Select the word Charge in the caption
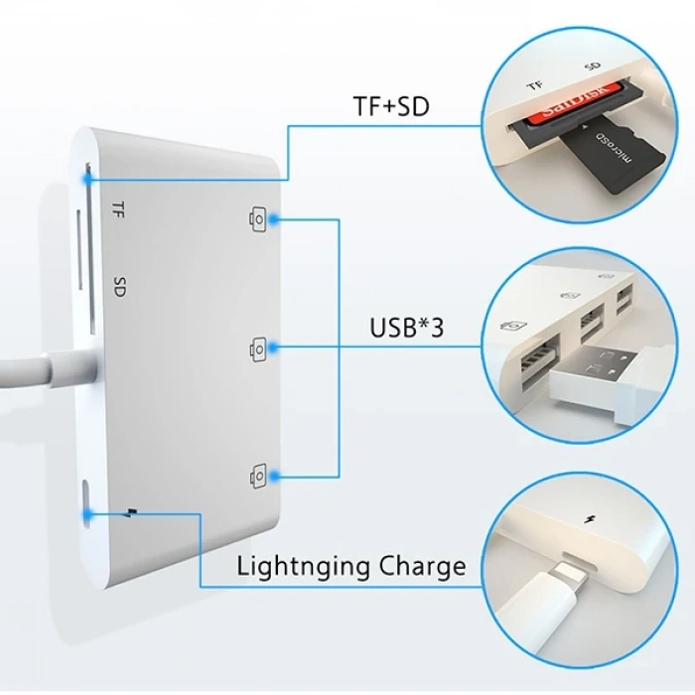pyautogui.click(x=423, y=567)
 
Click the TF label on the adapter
pyautogui.click(x=118, y=208)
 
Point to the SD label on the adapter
pyautogui.click(x=119, y=287)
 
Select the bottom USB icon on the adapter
pyautogui.click(x=259, y=477)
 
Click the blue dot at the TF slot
pyautogui.click(x=88, y=180)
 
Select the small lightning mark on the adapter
pyautogui.click(x=131, y=513)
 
